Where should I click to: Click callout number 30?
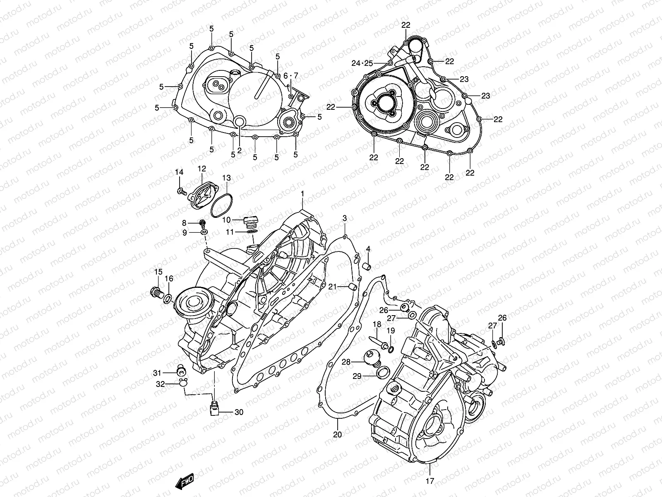tap(239, 412)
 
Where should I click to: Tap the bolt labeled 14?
tap(181, 191)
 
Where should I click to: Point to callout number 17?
tap(430, 481)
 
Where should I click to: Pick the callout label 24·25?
tap(362, 63)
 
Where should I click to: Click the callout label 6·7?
tap(302, 75)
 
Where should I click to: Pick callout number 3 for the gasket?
tap(344, 218)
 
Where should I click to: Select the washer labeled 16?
tap(168, 298)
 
